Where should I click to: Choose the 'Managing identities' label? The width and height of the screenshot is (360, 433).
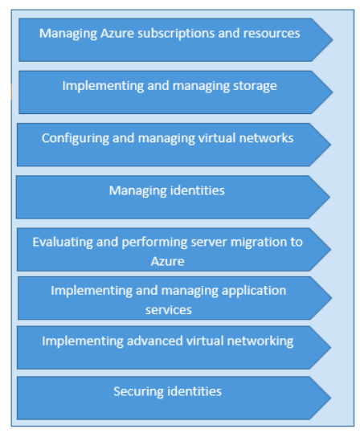coord(166,191)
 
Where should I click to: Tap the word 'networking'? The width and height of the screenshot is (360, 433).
coord(259,341)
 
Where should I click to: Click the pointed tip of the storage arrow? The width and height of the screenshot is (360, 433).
coord(332,91)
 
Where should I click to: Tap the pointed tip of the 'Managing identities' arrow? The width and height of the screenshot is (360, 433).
coord(329,197)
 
